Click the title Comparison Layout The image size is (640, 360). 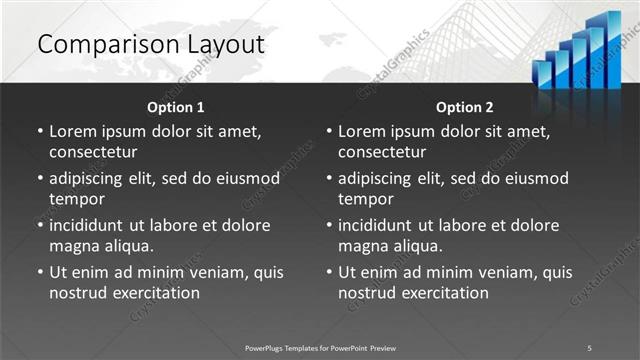tap(150, 45)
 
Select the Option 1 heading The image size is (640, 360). tap(176, 107)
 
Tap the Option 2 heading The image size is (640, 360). tap(465, 107)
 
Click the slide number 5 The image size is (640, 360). tap(590, 347)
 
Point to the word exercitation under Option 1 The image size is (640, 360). tap(157, 293)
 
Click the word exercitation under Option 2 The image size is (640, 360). tap(446, 293)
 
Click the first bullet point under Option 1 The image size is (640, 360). tap(40, 132)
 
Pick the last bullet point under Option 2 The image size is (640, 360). tap(329, 272)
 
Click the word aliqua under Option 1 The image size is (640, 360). tap(128, 246)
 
